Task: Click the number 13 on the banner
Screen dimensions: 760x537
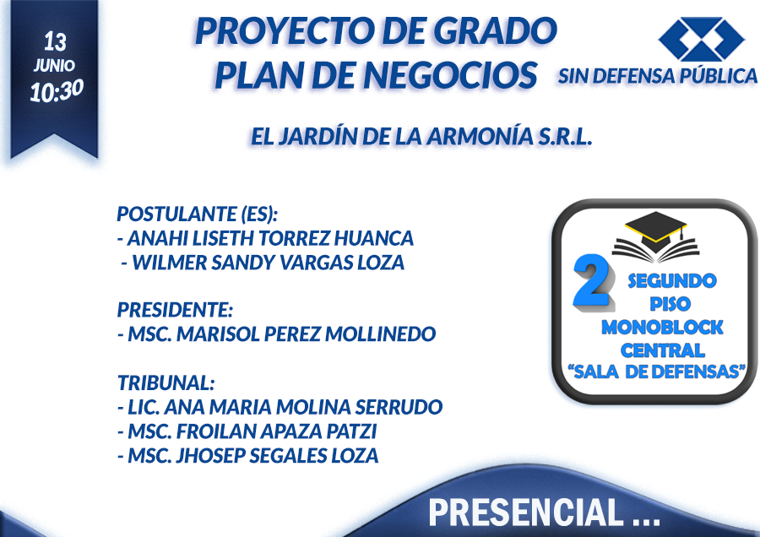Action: tap(55, 41)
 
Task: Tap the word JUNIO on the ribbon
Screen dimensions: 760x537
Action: tap(54, 65)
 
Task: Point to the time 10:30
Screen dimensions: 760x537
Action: tap(57, 90)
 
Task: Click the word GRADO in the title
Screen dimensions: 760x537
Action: tap(495, 30)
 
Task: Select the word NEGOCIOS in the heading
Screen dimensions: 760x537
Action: tap(450, 75)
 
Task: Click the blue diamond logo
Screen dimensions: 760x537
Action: tap(701, 39)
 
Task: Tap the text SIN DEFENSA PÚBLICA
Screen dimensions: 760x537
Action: tap(657, 76)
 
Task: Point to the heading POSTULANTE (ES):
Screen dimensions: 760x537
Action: tap(198, 214)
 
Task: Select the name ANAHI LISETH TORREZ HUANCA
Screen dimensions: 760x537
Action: tap(270, 238)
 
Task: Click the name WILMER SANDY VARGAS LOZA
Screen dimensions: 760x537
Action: tap(269, 263)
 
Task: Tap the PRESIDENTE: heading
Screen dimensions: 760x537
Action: tap(176, 310)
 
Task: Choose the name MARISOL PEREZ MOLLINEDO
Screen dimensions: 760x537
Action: tap(306, 334)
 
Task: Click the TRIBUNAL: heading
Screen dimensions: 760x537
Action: tap(166, 382)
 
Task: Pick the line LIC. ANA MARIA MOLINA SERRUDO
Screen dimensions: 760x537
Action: tap(285, 407)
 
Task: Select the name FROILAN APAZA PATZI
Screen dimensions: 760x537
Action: tap(276, 431)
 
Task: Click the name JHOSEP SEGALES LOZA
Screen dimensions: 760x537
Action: tap(277, 456)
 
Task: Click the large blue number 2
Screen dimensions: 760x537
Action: tap(592, 281)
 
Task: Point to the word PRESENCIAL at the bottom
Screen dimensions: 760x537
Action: tap(526, 513)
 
